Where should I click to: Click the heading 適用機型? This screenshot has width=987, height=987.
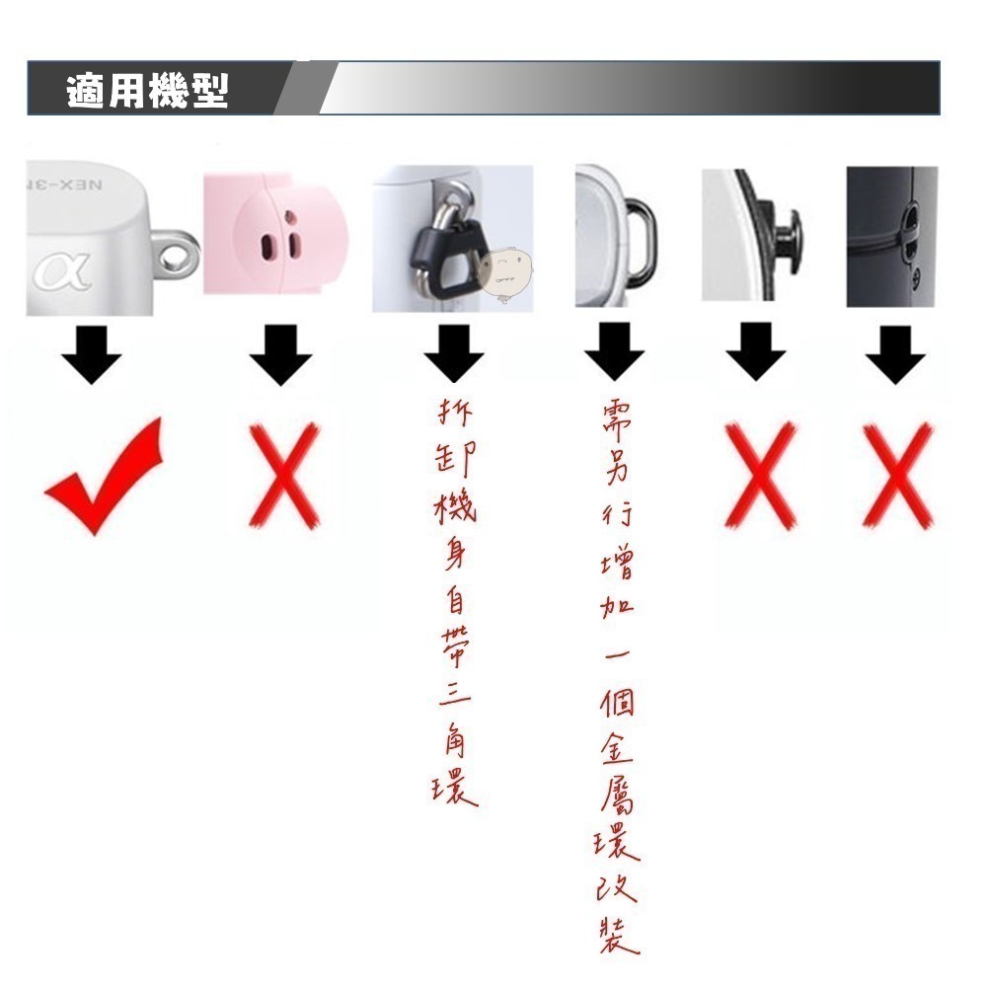(x=147, y=90)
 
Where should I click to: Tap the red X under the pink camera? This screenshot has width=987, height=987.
(x=283, y=475)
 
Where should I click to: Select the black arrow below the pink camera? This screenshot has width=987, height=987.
(x=280, y=355)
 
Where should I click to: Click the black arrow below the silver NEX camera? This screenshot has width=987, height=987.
(x=91, y=355)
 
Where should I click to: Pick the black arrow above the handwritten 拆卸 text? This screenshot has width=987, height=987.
(x=454, y=355)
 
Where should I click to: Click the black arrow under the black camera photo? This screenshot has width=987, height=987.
(x=895, y=355)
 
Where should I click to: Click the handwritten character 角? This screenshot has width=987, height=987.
(x=453, y=735)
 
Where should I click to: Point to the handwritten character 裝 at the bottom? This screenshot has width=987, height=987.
(x=618, y=933)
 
